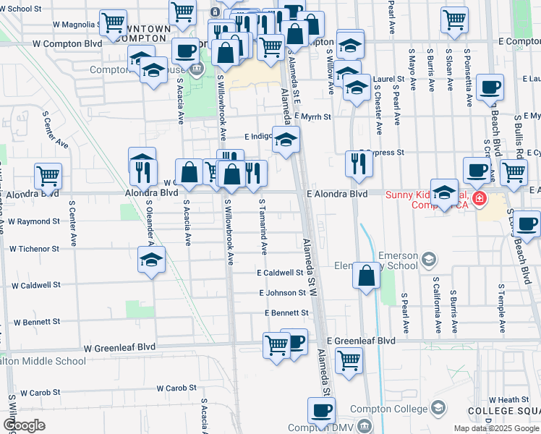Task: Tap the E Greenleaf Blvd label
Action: point(361,340)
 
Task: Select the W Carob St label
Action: point(40,393)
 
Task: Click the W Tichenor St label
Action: point(34,248)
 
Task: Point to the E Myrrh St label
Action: point(307,116)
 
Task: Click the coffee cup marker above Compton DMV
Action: point(321,410)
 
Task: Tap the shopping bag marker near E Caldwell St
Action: point(367,275)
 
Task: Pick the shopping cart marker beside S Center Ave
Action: point(48,175)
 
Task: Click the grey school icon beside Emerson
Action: point(429,258)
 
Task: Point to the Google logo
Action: point(24,425)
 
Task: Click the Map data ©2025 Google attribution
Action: point(496,428)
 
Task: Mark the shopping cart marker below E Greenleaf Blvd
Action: point(349,359)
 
